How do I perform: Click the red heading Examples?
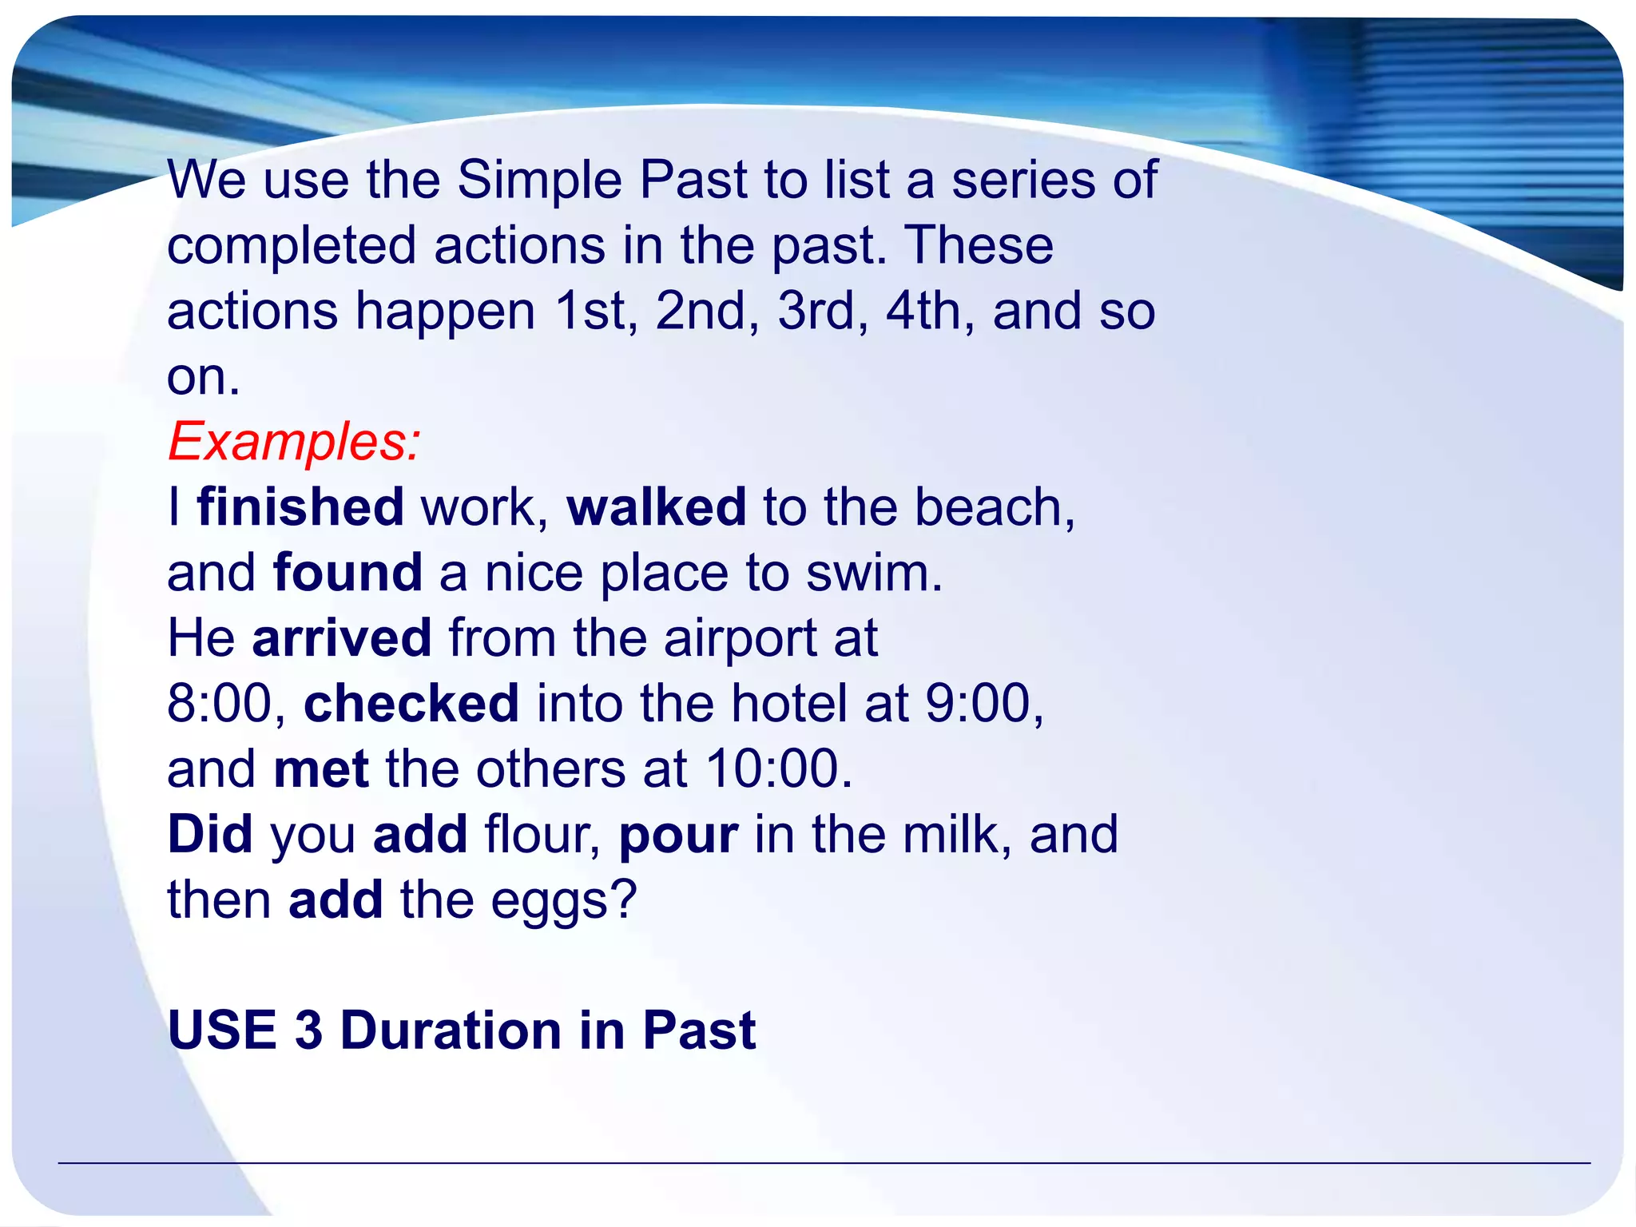tap(293, 442)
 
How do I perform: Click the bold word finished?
tap(300, 507)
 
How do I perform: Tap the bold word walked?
tap(657, 507)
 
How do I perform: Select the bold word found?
tap(347, 573)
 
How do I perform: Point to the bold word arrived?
tap(342, 638)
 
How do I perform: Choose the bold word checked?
tap(411, 704)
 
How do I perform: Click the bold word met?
tap(321, 769)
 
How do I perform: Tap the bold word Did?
tap(210, 835)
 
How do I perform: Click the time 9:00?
tap(983, 704)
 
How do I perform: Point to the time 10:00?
tap(779, 769)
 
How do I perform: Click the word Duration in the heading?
tap(451, 1030)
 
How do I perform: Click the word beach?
tap(993, 507)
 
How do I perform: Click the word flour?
tap(542, 835)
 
